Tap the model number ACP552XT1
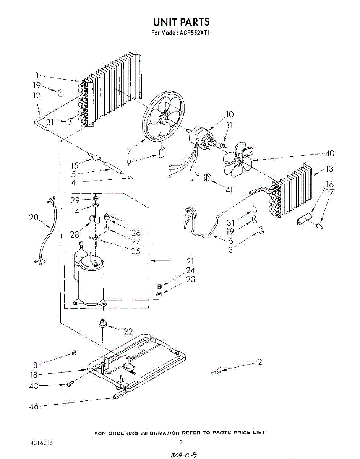(x=194, y=33)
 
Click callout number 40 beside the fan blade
(x=329, y=153)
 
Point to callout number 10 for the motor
(x=229, y=114)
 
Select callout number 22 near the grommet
(x=128, y=331)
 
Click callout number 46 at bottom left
(x=34, y=407)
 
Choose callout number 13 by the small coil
(x=329, y=169)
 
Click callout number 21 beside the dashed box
(x=190, y=261)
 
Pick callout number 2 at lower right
(x=260, y=362)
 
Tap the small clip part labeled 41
(x=208, y=177)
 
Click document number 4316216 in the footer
(x=42, y=444)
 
